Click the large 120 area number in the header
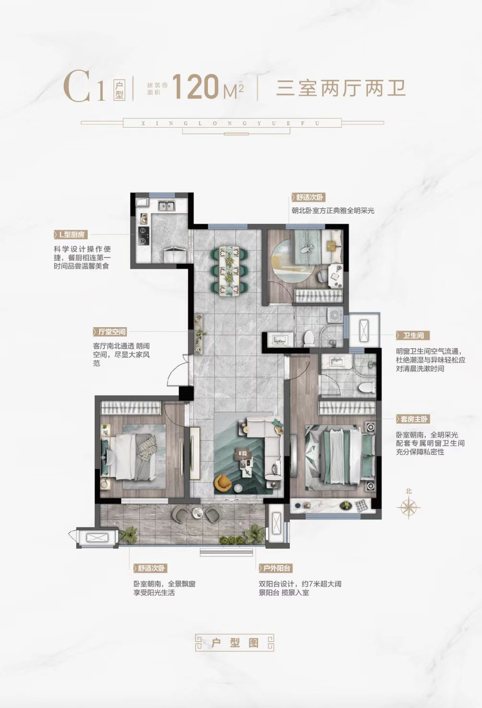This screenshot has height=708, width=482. click(195, 86)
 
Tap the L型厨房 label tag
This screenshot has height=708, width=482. click(70, 235)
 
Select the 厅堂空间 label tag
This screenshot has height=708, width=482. click(110, 332)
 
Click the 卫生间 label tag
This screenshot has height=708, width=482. click(413, 335)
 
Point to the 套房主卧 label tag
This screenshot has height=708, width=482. click(413, 419)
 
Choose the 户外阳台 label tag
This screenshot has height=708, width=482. click(275, 568)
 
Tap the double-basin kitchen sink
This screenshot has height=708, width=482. click(168, 206)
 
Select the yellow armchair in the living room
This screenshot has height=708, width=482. click(223, 482)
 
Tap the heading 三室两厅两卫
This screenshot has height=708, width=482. click(341, 88)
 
